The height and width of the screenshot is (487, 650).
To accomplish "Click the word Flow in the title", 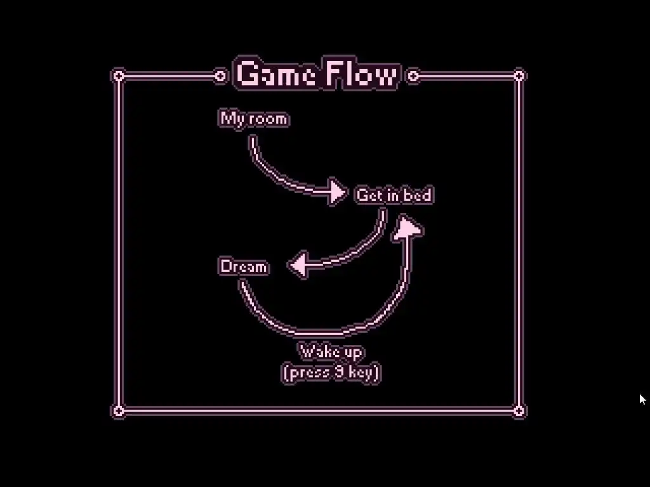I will tap(362, 75).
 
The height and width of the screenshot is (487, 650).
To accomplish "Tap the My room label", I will tap(254, 119).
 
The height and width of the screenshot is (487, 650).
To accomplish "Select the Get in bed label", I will tap(394, 195).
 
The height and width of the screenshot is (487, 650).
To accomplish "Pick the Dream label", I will tap(244, 266).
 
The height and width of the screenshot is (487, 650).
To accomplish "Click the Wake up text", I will tap(331, 351).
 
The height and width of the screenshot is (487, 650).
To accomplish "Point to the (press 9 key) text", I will tap(331, 372).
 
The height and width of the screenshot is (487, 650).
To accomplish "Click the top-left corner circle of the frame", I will tap(118, 77).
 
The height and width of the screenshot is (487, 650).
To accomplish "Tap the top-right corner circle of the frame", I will tap(519, 76).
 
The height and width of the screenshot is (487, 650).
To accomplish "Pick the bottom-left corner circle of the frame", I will tap(118, 411).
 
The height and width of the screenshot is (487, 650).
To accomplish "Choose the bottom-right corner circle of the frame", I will tap(519, 411).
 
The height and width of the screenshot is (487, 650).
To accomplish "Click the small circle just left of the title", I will tap(220, 77).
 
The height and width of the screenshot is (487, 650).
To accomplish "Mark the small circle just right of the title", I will tap(413, 77).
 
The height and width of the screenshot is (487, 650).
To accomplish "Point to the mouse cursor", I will tap(642, 399).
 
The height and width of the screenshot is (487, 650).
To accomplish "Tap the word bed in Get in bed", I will tap(418, 195).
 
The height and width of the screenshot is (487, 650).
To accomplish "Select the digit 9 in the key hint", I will tap(339, 372).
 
